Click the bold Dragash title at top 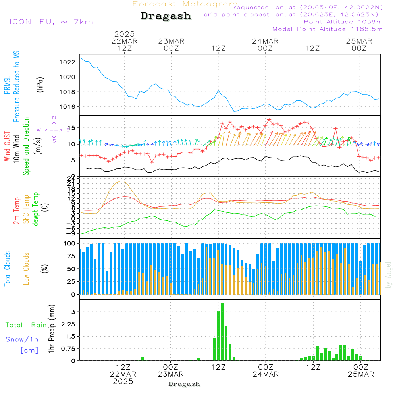[166, 16]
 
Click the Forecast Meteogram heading [185, 4]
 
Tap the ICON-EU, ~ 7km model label [51, 21]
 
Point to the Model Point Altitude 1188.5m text [328, 29]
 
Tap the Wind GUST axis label [7, 146]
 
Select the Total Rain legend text [26, 325]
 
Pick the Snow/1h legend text [22, 339]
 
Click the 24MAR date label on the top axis [265, 41]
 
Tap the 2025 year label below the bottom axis [123, 381]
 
